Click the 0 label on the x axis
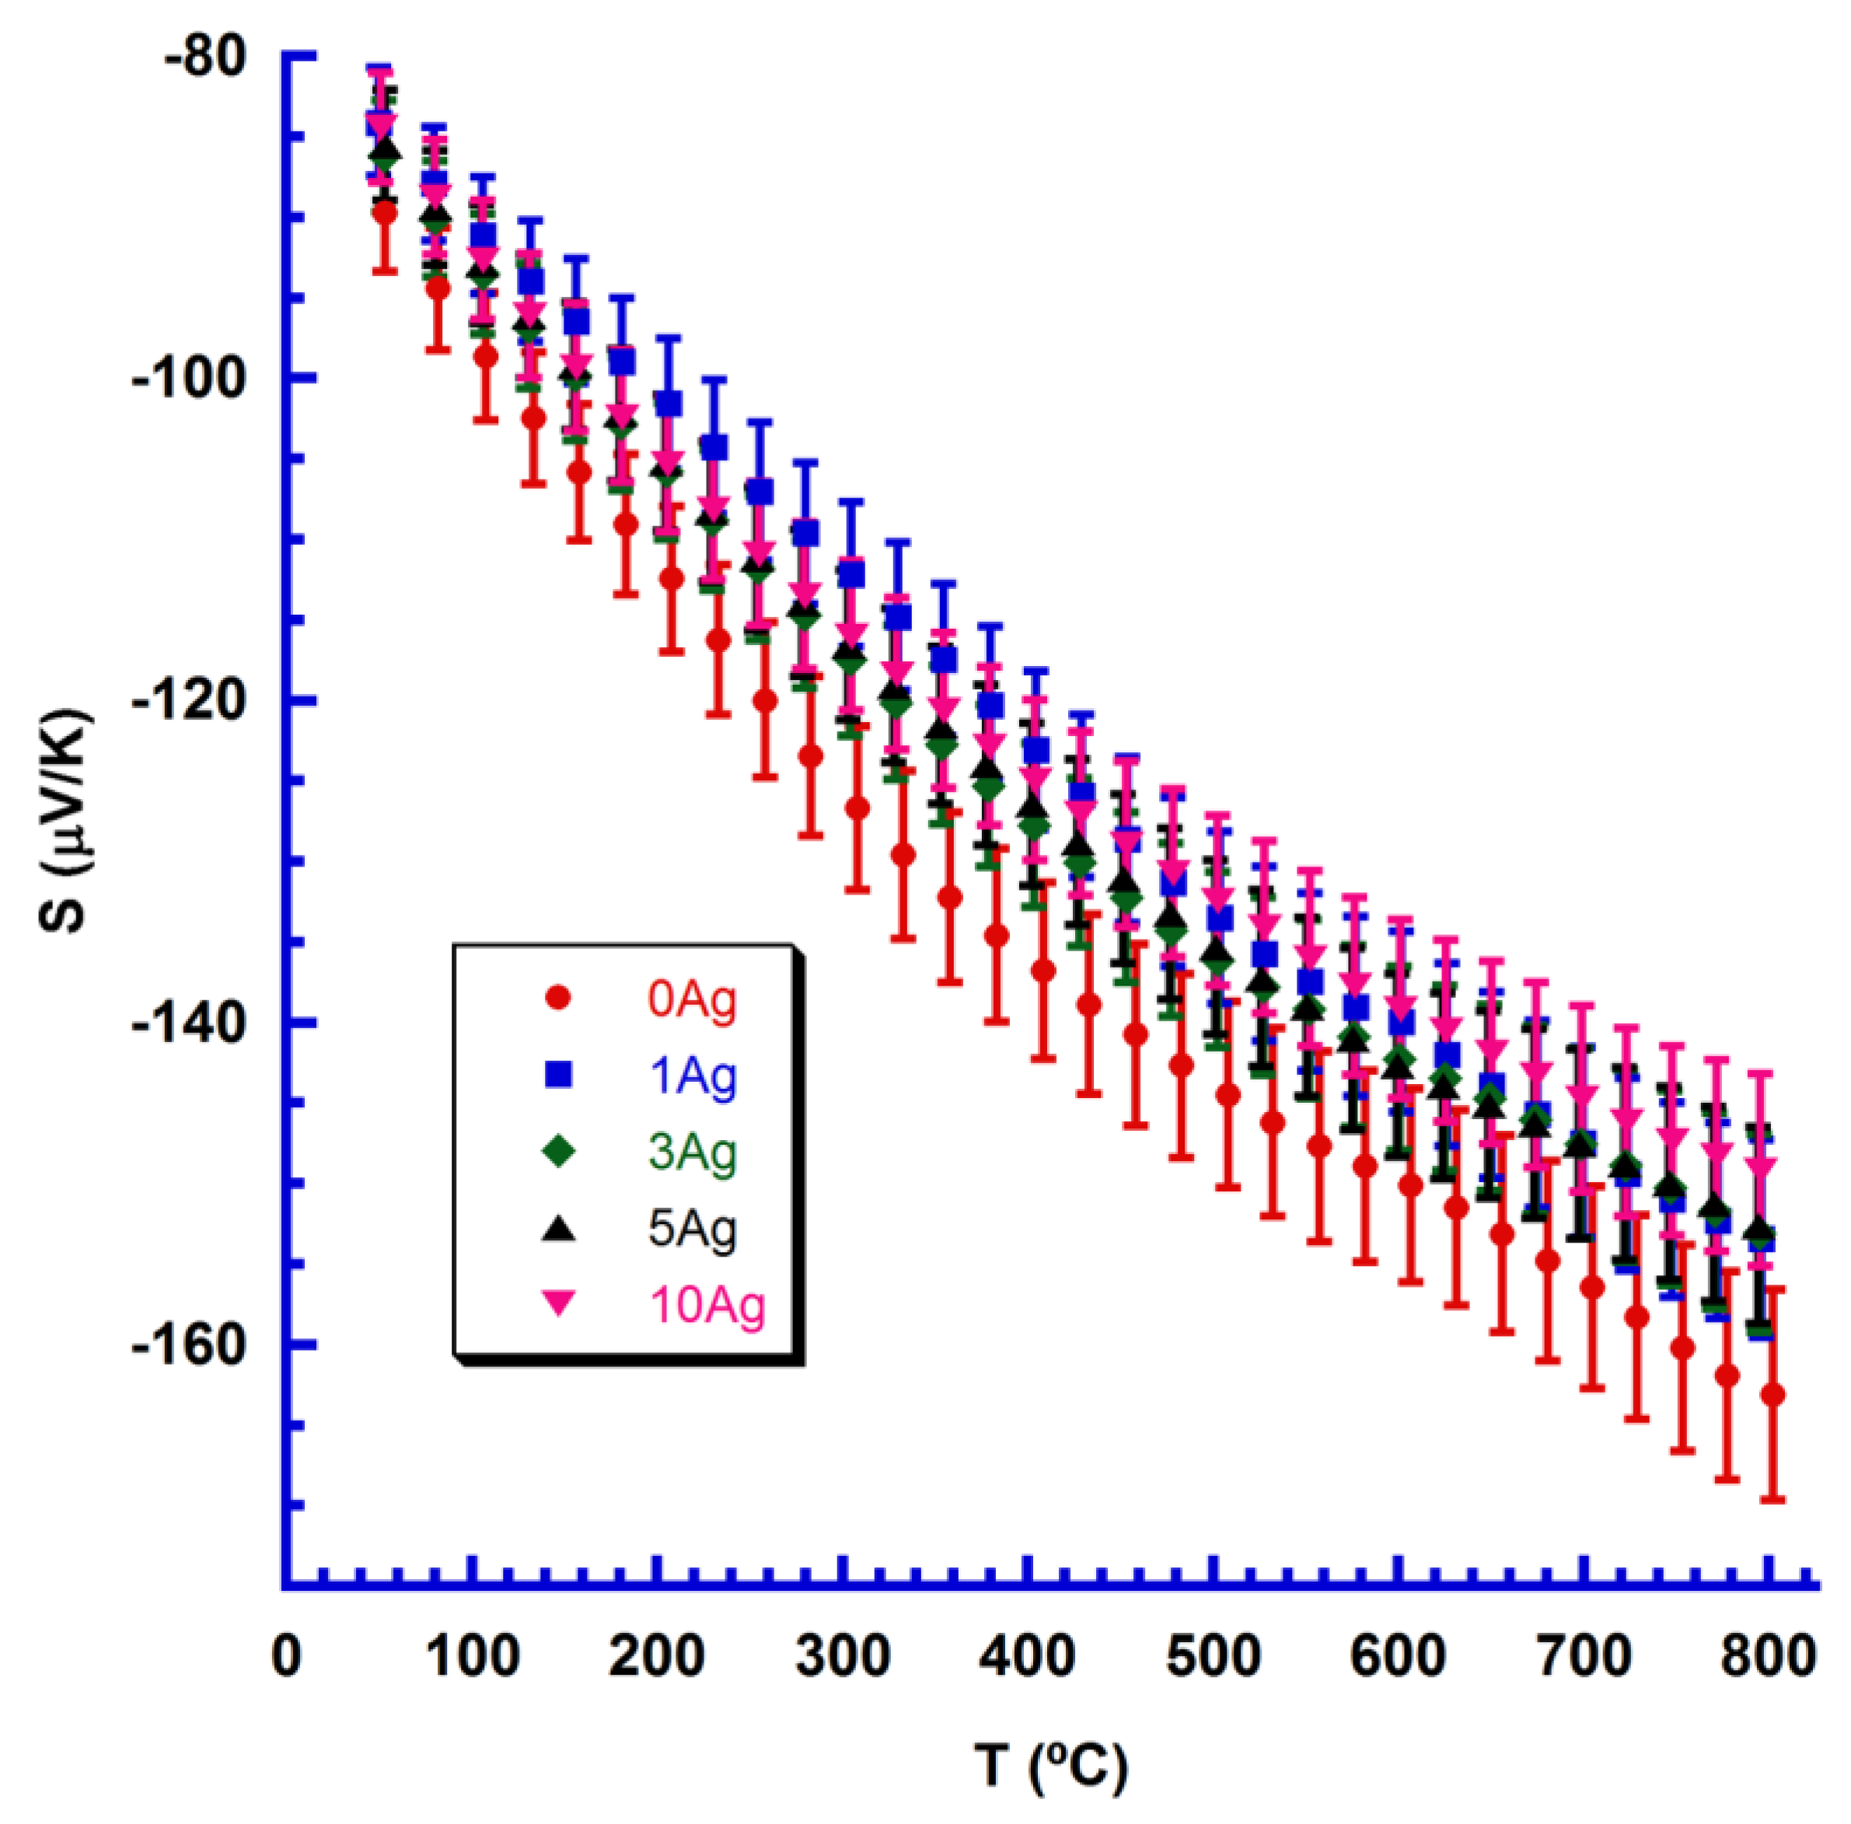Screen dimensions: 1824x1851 [x=286, y=1655]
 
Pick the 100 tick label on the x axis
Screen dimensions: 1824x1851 [x=473, y=1655]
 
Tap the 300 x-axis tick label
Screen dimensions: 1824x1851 [x=844, y=1655]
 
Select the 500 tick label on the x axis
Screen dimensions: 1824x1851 [x=1214, y=1655]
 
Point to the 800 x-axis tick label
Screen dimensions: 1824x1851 [x=1769, y=1655]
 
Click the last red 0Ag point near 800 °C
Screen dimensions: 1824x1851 [x=1772, y=1395]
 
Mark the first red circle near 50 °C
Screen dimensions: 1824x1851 [x=384, y=213]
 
